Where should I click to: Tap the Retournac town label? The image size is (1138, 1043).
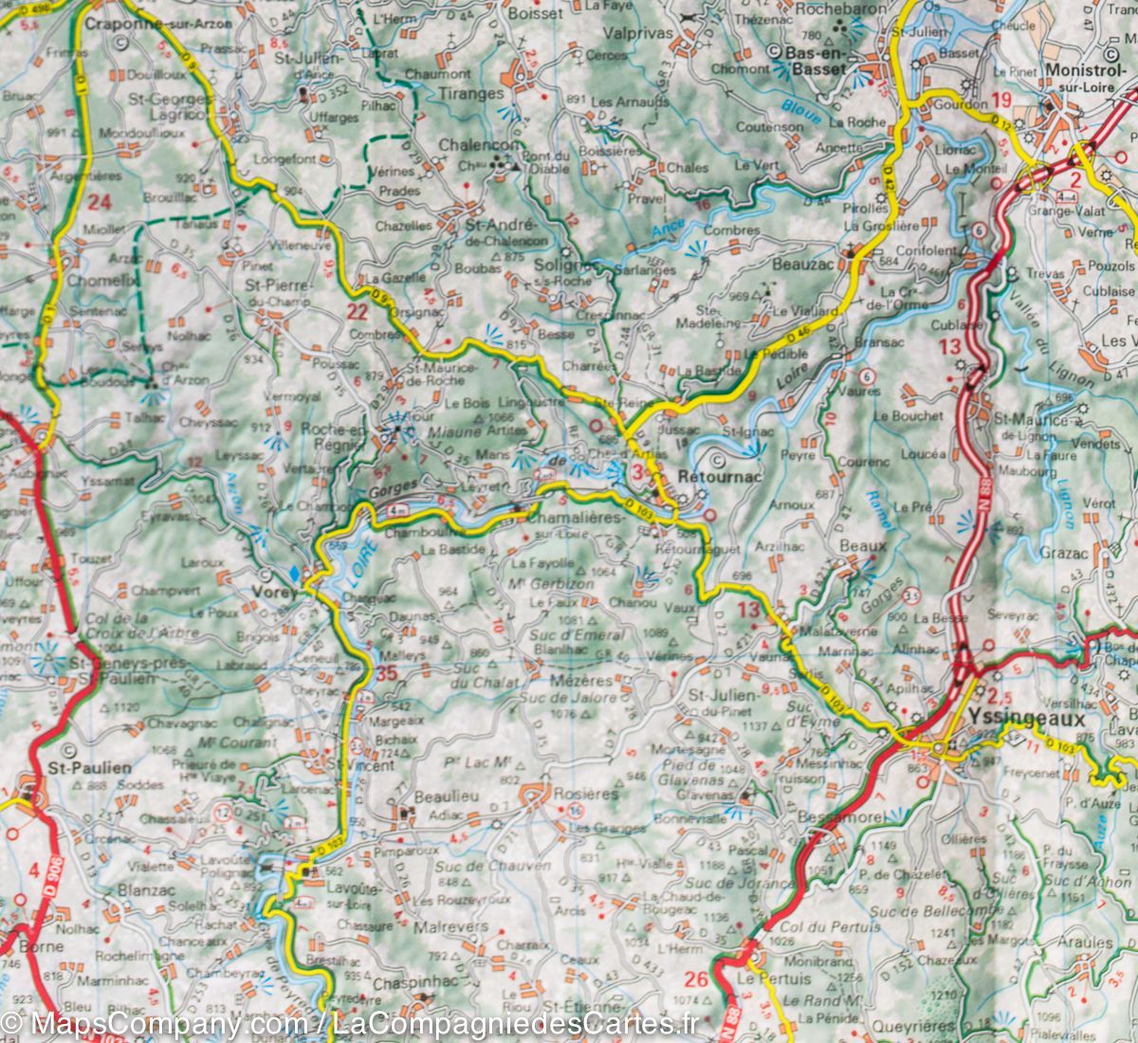[721, 477]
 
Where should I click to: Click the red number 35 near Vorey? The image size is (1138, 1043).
[385, 674]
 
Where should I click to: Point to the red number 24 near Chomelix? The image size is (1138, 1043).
[100, 201]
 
